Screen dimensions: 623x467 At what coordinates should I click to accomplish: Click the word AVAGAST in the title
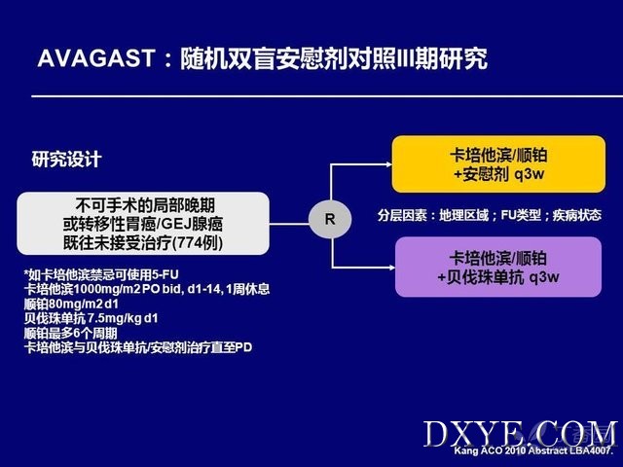[95, 58]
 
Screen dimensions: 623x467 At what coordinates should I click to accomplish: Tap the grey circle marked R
[330, 219]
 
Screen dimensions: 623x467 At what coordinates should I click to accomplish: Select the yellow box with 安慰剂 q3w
[498, 164]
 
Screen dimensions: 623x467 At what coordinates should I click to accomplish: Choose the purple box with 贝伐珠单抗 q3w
[498, 267]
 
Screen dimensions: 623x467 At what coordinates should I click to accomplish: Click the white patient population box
[143, 224]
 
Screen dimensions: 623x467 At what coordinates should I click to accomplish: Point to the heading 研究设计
[66, 160]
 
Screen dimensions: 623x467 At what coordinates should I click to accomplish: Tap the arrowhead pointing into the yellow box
[388, 164]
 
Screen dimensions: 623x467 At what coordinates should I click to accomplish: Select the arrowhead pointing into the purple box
[391, 268]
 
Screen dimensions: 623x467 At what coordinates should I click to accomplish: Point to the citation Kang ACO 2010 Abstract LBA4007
[533, 450]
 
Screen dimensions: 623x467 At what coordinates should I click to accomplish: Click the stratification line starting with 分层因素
[489, 215]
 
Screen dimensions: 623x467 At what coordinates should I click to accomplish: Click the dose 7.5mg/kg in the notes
[114, 318]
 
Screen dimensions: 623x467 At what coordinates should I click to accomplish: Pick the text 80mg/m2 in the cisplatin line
[76, 305]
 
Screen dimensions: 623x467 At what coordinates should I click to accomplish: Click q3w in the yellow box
[530, 174]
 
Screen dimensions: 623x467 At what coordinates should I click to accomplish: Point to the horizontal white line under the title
[327, 96]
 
